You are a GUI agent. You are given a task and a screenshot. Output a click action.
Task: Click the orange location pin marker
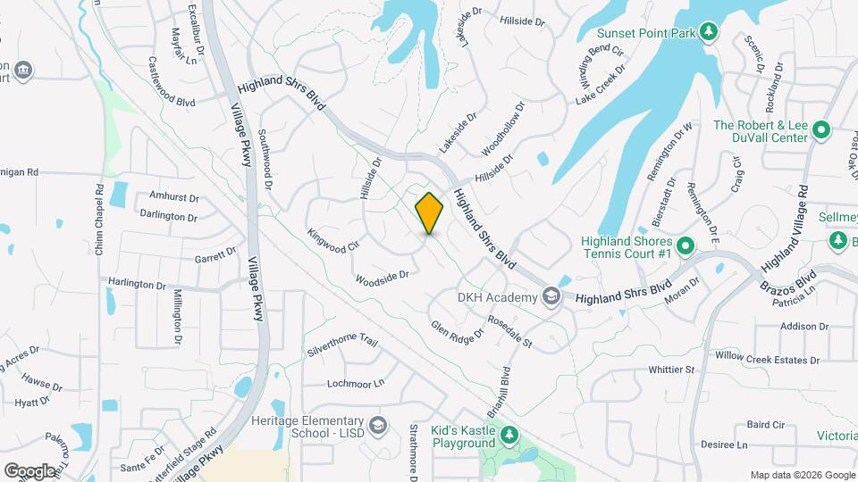(429, 213)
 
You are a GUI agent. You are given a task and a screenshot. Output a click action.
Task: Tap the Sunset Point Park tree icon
(708, 32)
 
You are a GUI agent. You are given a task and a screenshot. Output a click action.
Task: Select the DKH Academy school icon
(551, 296)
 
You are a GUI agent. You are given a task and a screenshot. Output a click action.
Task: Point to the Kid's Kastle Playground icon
(509, 436)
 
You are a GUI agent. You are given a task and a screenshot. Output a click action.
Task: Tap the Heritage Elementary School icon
(379, 424)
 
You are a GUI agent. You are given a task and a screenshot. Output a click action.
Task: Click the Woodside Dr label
(382, 278)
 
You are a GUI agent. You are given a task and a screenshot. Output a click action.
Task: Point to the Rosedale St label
(509, 331)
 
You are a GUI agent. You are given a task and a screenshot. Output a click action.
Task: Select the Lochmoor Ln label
(355, 383)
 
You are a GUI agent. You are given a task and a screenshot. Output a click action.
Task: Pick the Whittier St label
(671, 369)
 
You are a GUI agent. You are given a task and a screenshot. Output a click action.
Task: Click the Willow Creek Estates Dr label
(767, 358)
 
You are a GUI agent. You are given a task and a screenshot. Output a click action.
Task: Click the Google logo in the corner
(29, 470)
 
